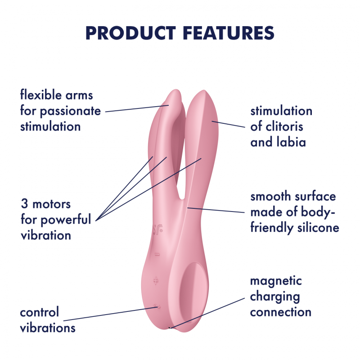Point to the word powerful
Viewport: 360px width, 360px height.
[66, 220]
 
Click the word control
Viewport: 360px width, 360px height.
[40, 312]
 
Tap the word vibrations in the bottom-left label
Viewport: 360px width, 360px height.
[48, 328]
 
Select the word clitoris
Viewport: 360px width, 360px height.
[283, 127]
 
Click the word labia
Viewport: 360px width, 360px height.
[291, 142]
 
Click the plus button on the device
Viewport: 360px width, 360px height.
[156, 281]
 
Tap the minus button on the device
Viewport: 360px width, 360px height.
[157, 255]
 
